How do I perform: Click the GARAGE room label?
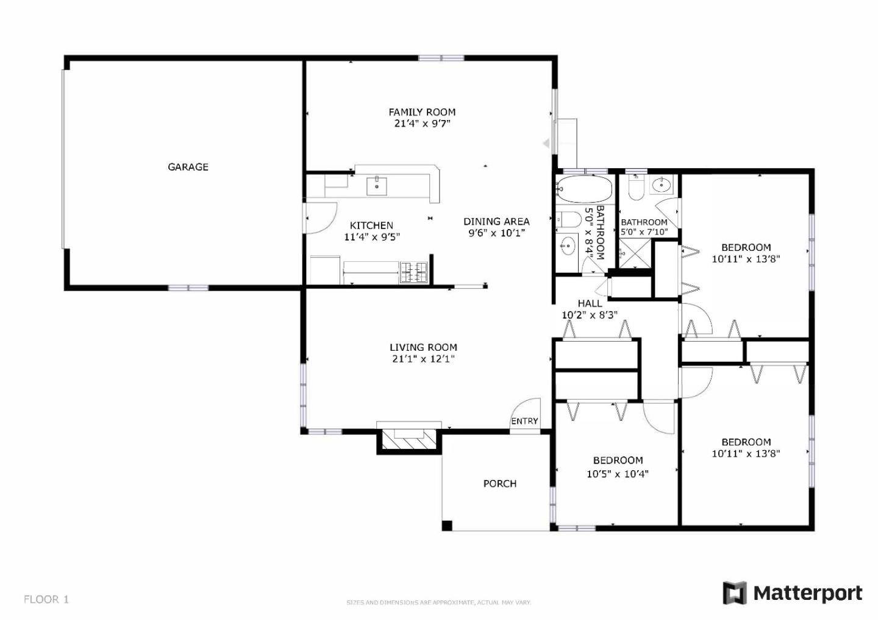coord(188,167)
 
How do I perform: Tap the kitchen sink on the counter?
coord(377,185)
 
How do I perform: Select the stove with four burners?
coord(413,272)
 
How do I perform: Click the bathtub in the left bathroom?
coord(584,189)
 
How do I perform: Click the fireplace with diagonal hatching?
coord(409,438)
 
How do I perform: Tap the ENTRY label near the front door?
coord(524,421)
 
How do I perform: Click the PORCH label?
coord(499,484)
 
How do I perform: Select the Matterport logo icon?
coord(735,593)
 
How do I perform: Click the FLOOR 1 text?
coord(46,599)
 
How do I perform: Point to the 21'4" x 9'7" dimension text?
coord(422,124)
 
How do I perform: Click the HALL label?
coord(590,303)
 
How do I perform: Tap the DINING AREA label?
coord(496,222)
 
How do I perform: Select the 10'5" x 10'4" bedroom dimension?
coord(617,474)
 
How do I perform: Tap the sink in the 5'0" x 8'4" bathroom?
coord(568,247)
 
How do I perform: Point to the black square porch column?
coord(447,526)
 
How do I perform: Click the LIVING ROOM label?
coord(423,348)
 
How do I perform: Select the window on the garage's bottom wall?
coord(188,287)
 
